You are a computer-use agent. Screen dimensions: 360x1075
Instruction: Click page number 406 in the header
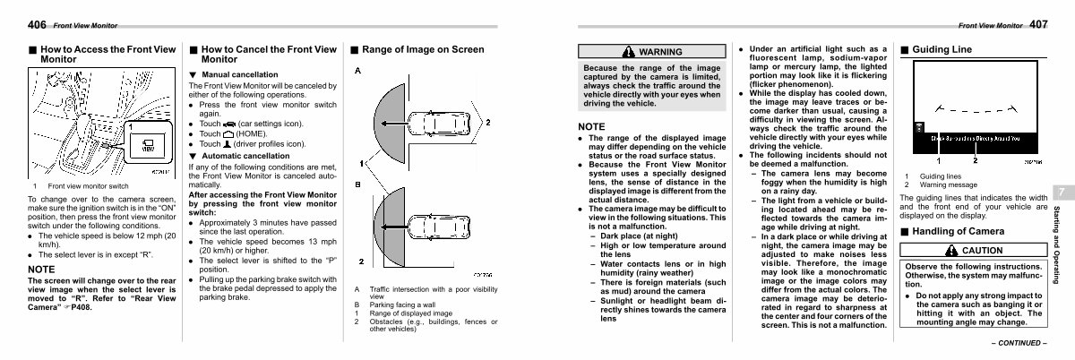tap(13, 23)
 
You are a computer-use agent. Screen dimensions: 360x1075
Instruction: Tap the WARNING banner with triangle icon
tap(650, 52)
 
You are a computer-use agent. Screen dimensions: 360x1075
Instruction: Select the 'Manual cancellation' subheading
tap(239, 73)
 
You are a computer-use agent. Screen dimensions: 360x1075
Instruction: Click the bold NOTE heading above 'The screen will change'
tap(42, 269)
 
